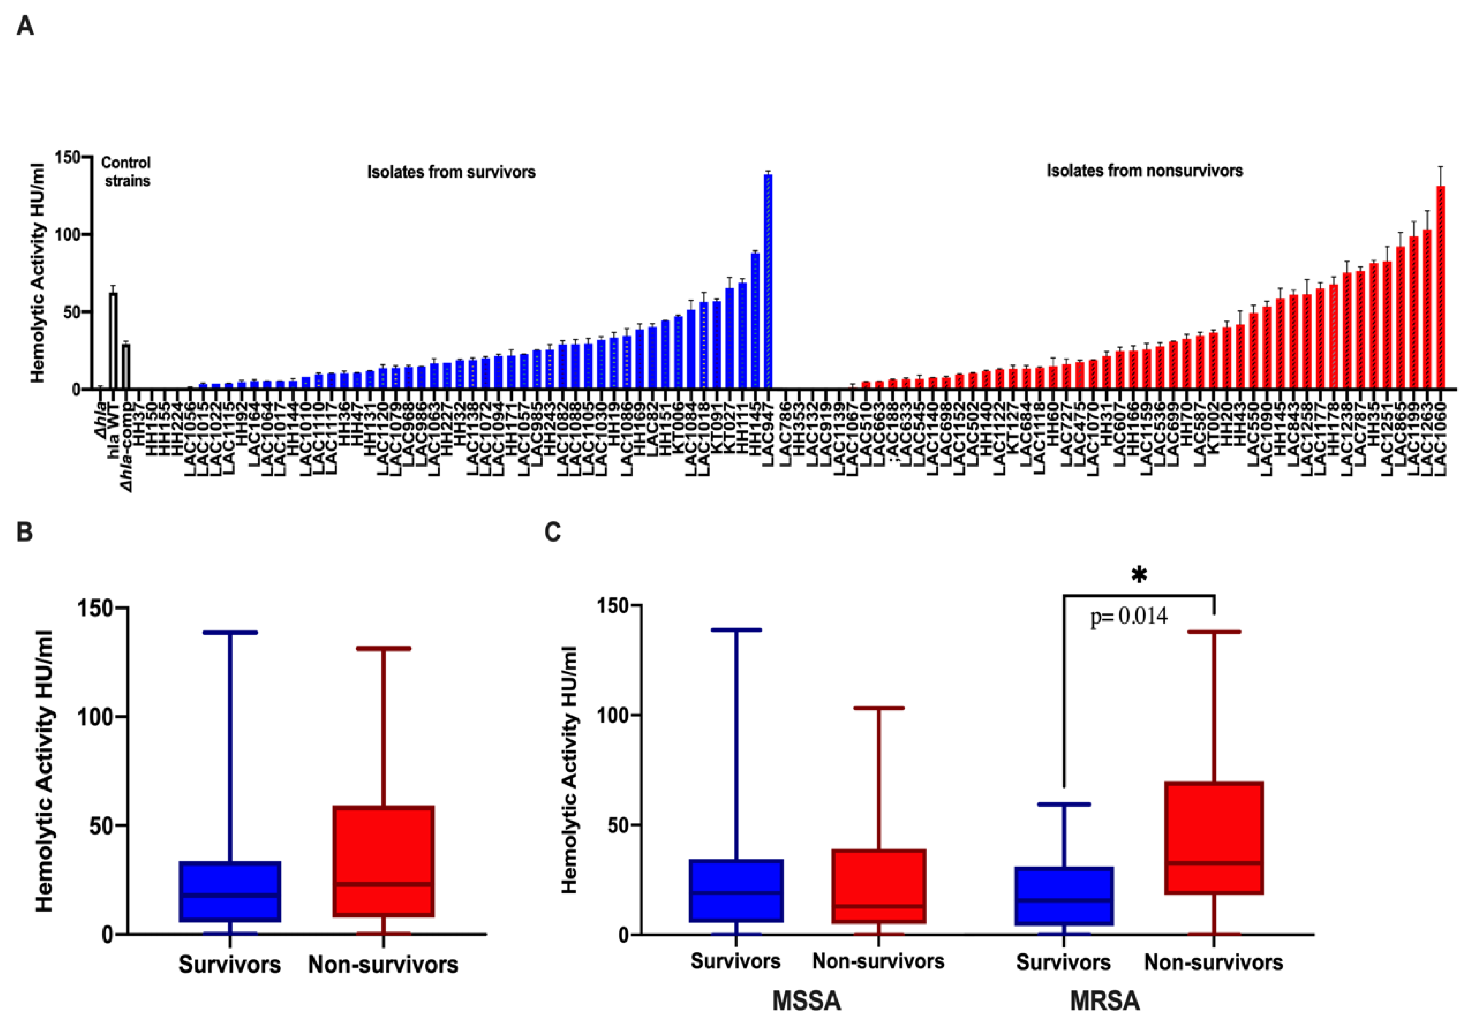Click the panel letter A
tap(25, 26)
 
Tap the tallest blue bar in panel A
tap(768, 281)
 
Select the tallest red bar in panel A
tap(1440, 287)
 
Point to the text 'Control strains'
tap(126, 172)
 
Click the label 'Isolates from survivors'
tap(451, 172)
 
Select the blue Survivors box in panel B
tap(229, 891)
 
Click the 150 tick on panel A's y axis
tap(66, 157)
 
